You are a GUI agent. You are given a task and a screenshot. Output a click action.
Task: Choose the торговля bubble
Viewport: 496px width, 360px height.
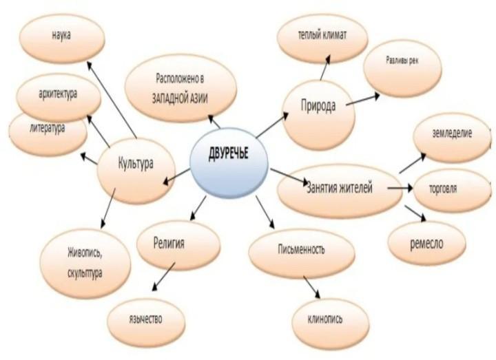coord(451,187)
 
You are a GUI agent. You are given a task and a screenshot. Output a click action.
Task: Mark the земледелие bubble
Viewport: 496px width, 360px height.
coord(452,134)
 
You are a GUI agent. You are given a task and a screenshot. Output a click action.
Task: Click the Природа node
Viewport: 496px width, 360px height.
coord(318,108)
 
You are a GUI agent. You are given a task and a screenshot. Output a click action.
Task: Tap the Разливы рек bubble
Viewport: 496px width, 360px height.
coord(402,61)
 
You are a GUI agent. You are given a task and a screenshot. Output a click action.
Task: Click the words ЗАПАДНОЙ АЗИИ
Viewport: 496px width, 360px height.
coord(180,97)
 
